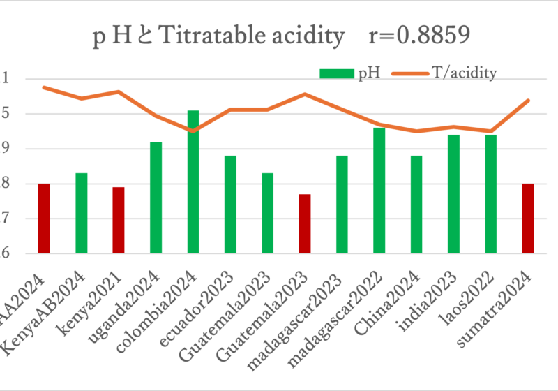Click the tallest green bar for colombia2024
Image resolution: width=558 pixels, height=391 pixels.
tap(193, 182)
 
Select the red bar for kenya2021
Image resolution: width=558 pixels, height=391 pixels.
tap(119, 220)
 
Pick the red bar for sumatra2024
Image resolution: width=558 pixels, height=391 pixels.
tap(528, 218)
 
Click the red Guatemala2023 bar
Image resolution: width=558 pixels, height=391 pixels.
tap(305, 223)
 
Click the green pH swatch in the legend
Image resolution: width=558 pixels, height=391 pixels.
tap(338, 73)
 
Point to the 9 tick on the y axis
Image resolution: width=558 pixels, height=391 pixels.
tap(6, 149)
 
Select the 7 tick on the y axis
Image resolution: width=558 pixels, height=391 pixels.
tap(6, 219)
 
